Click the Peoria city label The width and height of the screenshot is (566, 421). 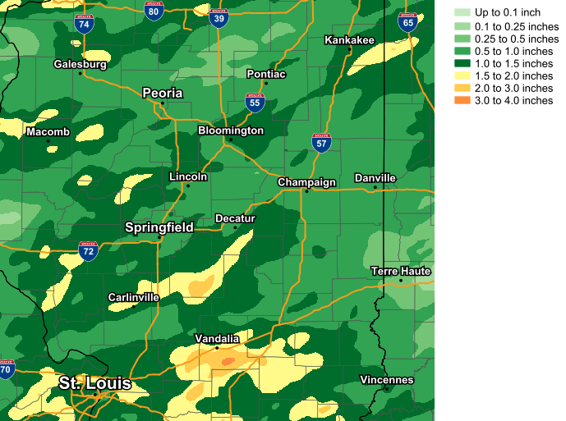tap(163, 93)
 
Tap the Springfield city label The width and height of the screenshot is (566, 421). tap(159, 227)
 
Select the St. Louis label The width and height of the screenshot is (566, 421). tap(94, 383)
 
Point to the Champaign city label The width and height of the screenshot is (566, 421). tap(306, 182)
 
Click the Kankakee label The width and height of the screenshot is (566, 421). tap(349, 40)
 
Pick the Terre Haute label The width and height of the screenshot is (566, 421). tap(401, 271)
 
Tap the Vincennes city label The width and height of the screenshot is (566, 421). tap(387, 380)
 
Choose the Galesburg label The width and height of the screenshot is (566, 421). tap(81, 64)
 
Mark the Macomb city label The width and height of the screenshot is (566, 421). tap(48, 132)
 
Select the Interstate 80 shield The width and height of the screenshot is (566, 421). tap(153, 10)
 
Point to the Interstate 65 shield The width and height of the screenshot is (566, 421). tap(407, 21)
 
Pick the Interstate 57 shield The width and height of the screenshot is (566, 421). tap(322, 143)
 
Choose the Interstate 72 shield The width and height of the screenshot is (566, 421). tap(89, 250)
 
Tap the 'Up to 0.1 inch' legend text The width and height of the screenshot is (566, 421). tap(508, 13)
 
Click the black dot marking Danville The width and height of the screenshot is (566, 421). tap(375, 187)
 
